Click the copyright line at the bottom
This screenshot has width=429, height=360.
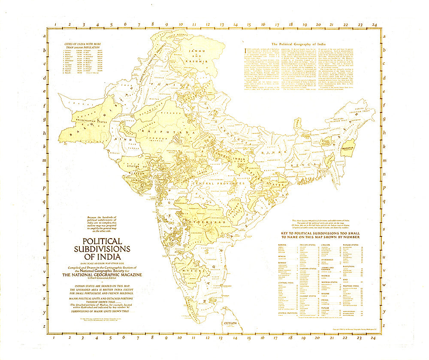click(352, 329)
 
